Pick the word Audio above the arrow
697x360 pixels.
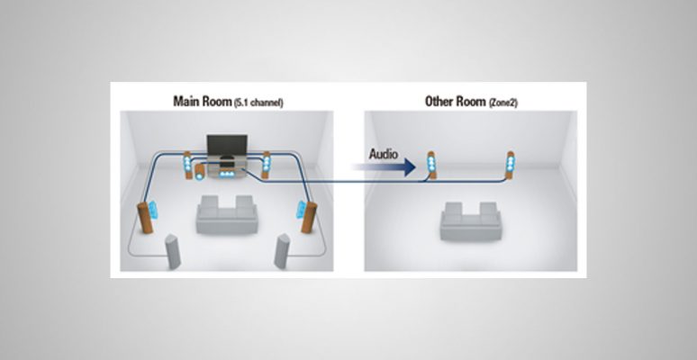click(384, 154)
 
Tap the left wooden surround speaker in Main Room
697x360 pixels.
click(143, 222)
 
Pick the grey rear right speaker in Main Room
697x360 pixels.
click(283, 251)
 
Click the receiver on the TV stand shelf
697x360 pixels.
click(224, 168)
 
